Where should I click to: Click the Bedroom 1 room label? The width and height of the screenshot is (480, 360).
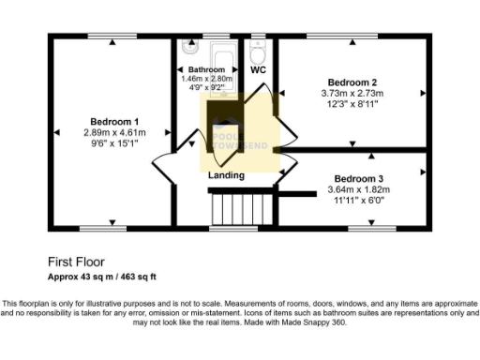coord(114,121)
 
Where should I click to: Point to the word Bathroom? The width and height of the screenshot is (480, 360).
coord(206,70)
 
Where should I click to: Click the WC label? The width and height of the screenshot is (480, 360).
coord(259,69)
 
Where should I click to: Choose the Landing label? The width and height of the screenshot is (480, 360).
coord(226,175)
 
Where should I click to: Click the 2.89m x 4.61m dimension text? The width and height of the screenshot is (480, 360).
coord(114,133)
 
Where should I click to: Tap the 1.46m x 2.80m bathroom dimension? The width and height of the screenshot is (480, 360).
coord(206,79)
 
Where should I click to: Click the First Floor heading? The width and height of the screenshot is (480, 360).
coord(76,263)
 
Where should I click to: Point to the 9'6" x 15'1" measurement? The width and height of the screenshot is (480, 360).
coord(114,143)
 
